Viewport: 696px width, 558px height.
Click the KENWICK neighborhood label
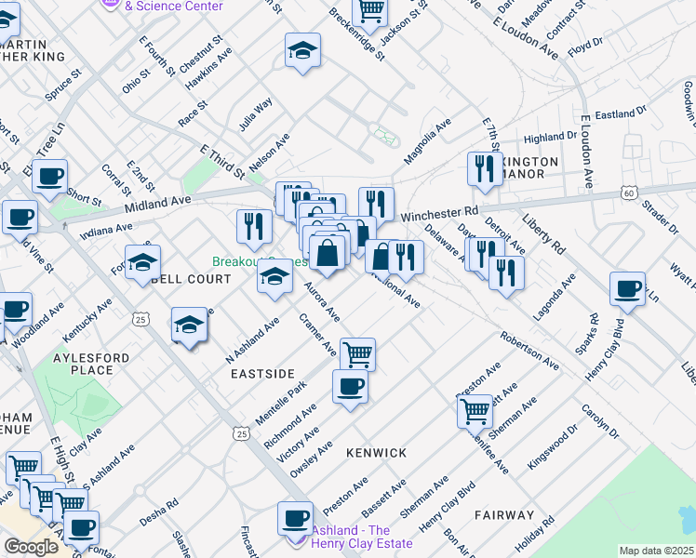pyautogui.click(x=377, y=453)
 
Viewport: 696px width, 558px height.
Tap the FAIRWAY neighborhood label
pyautogui.click(x=503, y=515)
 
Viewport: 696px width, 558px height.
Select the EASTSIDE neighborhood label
pyautogui.click(x=262, y=373)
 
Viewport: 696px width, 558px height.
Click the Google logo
pyautogui.click(x=31, y=547)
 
